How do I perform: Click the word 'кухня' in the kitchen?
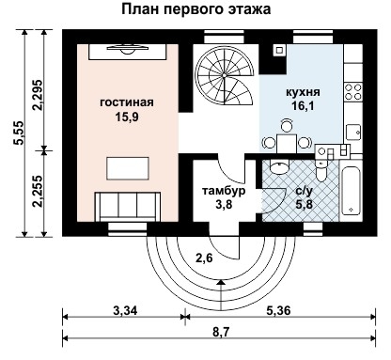pyautogui.click(x=303, y=94)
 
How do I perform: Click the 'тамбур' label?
pyautogui.click(x=224, y=191)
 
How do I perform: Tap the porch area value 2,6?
pyautogui.click(x=205, y=257)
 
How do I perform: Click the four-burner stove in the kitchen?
pyautogui.click(x=354, y=92)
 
